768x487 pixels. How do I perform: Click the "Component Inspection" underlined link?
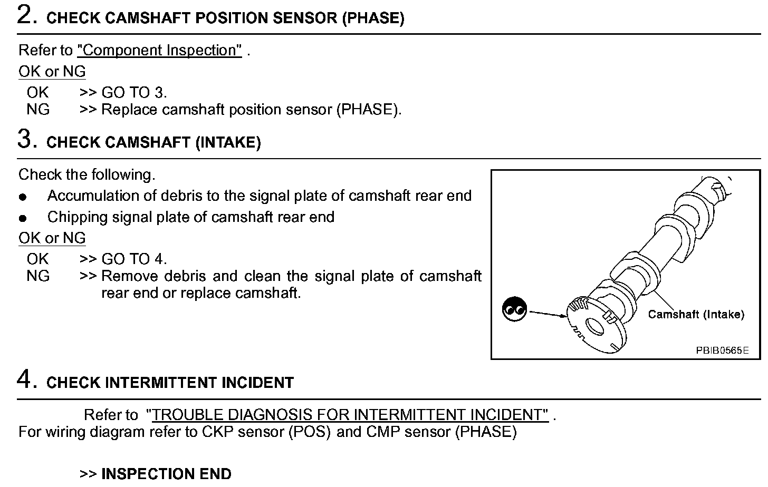pos(159,51)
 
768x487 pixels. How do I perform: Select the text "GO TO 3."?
pos(134,93)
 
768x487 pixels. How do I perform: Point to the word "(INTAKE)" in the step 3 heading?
pos(228,143)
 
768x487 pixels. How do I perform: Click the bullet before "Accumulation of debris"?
pos(23,197)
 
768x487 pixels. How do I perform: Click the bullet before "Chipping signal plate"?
pos(23,218)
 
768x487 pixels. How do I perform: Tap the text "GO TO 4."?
pos(134,259)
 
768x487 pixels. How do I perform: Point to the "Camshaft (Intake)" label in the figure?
pos(696,315)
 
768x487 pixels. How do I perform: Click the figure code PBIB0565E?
pos(722,350)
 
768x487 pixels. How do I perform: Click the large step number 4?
pos(26,379)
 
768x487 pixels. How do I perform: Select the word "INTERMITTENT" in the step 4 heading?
pos(161,383)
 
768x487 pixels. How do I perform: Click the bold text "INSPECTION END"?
pos(166,474)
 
